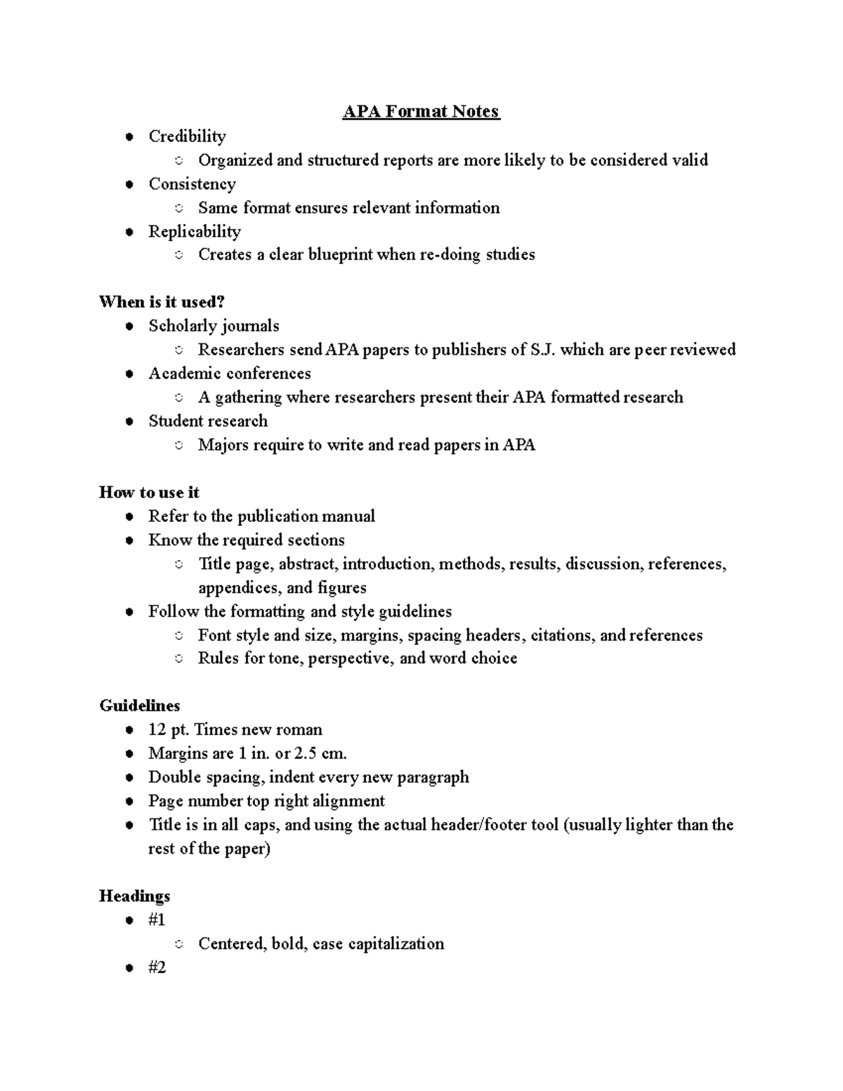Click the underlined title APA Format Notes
[x=421, y=112]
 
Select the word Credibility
[x=187, y=136]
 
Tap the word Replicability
[x=195, y=232]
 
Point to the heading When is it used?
[x=162, y=302]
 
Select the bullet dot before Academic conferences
[x=129, y=374]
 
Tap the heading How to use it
[x=149, y=492]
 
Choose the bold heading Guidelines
[x=140, y=706]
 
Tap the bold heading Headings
[x=134, y=896]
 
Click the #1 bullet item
[x=157, y=920]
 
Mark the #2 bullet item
[x=157, y=968]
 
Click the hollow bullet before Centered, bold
[x=179, y=945]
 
